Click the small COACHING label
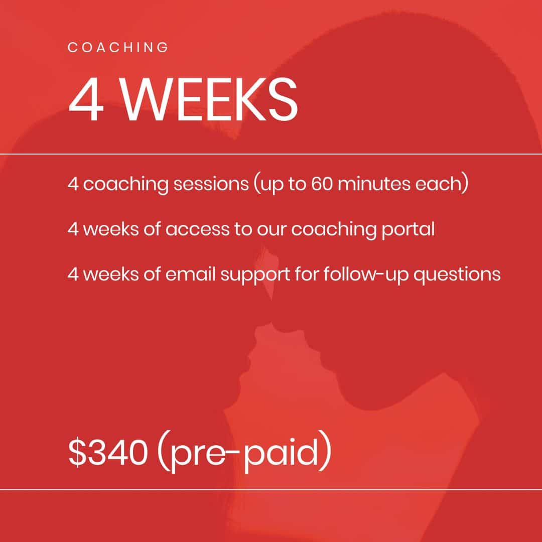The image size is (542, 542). (x=118, y=47)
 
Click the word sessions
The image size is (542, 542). (x=211, y=184)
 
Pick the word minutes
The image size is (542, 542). (x=374, y=184)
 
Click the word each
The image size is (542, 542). (x=438, y=184)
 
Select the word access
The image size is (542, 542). (x=197, y=229)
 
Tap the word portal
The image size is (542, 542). (x=408, y=229)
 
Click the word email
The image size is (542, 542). (x=191, y=275)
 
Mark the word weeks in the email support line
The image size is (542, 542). (x=111, y=275)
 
